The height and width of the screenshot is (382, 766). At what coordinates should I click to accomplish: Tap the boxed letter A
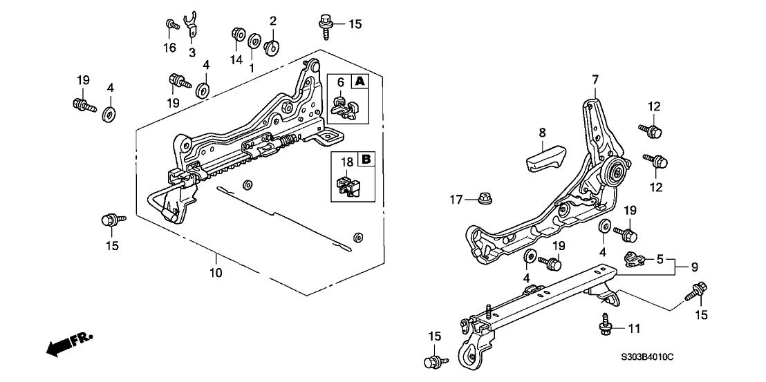coord(359,82)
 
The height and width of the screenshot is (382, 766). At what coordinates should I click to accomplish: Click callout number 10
coord(216,273)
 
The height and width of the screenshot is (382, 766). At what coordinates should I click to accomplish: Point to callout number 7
coord(594,81)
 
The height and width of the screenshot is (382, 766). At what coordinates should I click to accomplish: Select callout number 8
coord(542,132)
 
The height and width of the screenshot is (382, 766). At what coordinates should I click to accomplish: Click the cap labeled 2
coord(272,46)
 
